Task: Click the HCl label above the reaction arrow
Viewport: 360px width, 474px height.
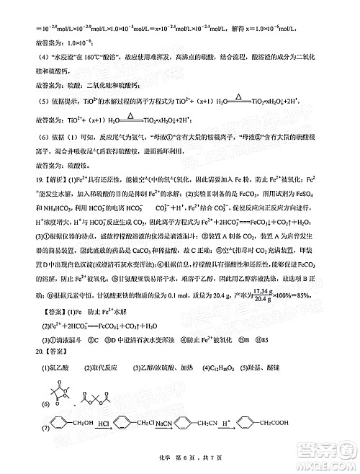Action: pos(104,424)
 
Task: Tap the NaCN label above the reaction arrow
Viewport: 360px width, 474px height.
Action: pos(164,424)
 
